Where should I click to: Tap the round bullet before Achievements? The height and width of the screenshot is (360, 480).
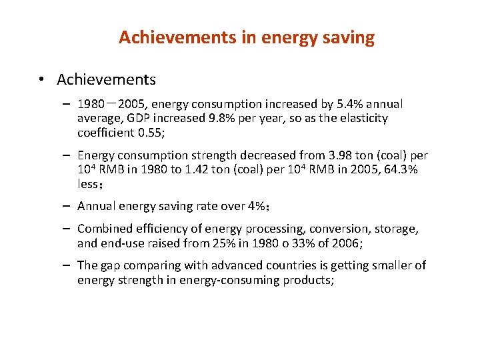point(41,81)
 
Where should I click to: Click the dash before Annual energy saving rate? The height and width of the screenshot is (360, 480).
point(69,206)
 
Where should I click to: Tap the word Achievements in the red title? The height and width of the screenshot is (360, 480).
point(176,38)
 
